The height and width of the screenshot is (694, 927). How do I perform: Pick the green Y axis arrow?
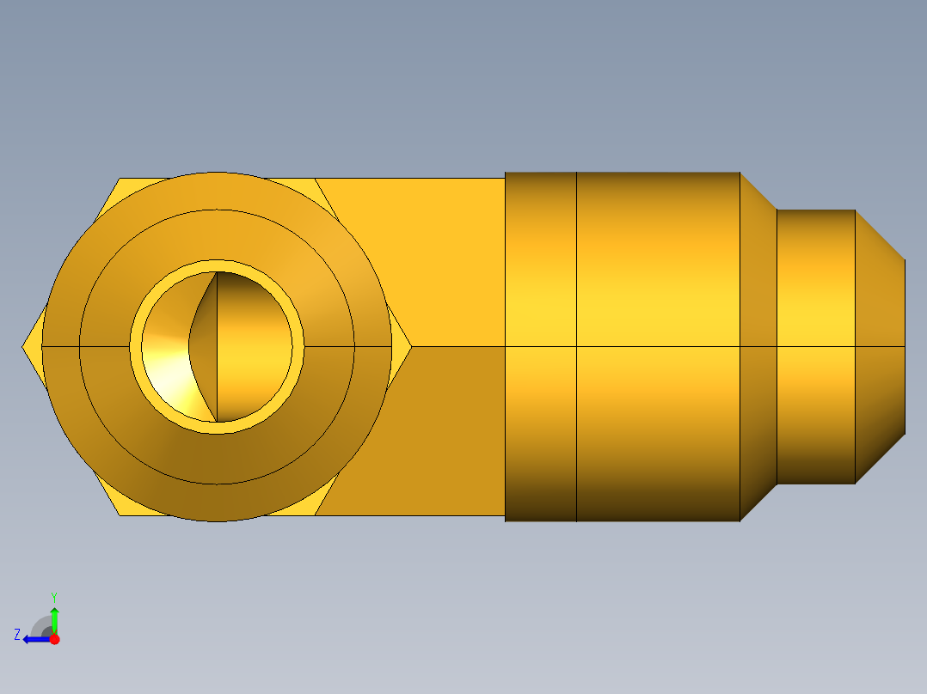(54, 617)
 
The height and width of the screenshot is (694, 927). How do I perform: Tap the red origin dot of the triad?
(54, 639)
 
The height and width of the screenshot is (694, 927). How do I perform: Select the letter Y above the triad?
(53, 596)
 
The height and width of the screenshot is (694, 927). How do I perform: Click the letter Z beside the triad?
(17, 635)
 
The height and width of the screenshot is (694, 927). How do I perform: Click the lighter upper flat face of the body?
(430, 258)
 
